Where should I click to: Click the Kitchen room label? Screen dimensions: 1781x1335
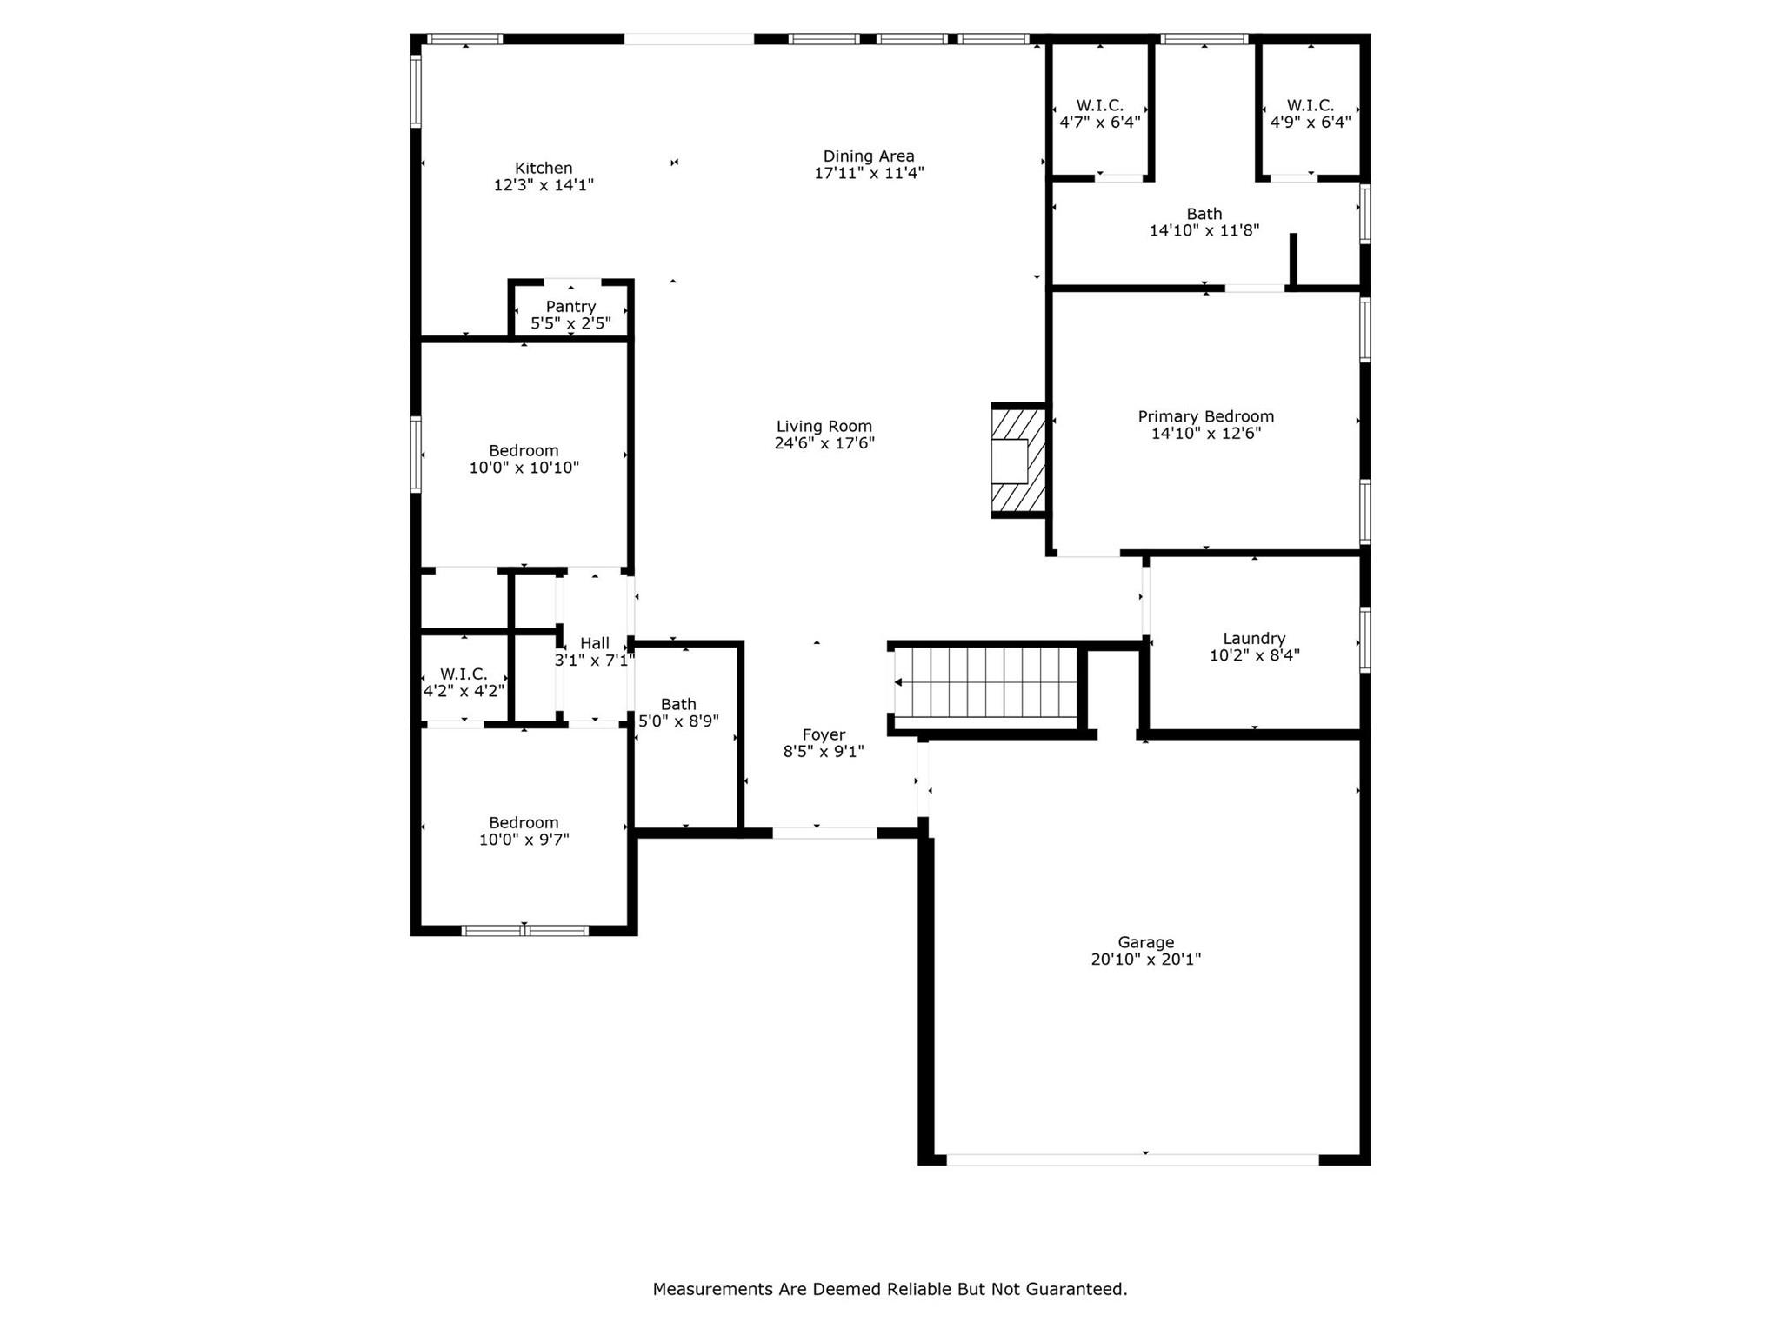pos(544,169)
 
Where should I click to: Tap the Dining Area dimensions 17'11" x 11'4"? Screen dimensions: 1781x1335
pos(869,173)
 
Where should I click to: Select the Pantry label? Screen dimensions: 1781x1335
pos(570,307)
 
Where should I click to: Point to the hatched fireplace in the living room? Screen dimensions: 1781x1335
pos(1018,461)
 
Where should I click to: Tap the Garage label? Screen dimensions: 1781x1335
pos(1146,942)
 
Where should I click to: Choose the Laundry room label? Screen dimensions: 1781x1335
pos(1254,639)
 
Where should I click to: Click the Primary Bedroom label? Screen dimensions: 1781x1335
pos(1206,417)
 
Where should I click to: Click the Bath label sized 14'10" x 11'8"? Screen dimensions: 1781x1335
pos(1204,214)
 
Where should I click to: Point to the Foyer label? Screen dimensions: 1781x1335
pos(824,735)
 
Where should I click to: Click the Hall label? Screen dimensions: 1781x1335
pos(595,643)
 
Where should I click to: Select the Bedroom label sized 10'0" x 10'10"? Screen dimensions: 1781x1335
pos(524,451)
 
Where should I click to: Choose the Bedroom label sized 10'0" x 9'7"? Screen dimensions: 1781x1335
pos(524,823)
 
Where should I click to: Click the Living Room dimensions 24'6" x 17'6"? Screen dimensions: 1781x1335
pos(824,443)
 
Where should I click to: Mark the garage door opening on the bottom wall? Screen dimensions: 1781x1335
pos(1132,1159)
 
